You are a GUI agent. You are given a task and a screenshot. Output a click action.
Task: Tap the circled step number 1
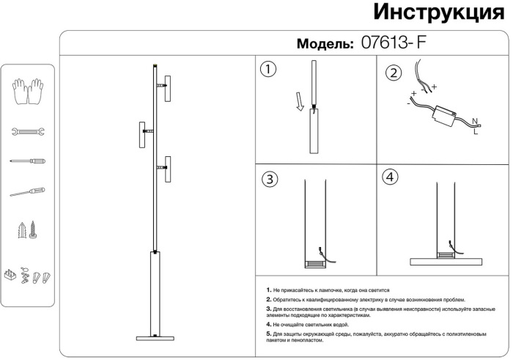(269, 70)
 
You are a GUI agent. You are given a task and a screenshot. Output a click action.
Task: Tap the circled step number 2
(394, 73)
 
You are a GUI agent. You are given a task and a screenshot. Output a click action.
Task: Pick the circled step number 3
(270, 180)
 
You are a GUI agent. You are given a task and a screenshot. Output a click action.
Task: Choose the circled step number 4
(391, 177)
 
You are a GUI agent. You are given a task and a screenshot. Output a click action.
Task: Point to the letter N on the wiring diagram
(475, 122)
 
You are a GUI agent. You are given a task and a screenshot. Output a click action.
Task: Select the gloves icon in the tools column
(27, 92)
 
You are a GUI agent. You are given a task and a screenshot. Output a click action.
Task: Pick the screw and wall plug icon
(28, 230)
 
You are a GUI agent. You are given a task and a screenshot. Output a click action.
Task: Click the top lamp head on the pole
(166, 87)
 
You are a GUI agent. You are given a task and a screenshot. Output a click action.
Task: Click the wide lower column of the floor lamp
(155, 292)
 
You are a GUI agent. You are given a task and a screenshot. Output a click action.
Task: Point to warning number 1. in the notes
(270, 291)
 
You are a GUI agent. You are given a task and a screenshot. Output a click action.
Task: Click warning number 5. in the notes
(270, 334)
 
